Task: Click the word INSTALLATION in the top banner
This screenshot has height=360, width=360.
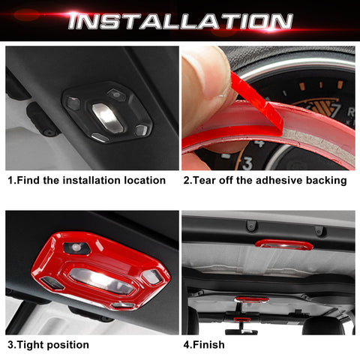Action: point(180,20)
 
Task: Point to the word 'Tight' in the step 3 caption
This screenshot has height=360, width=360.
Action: point(33,345)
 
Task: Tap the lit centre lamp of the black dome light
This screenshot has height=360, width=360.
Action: point(106,116)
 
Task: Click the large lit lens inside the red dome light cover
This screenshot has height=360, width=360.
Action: point(102,277)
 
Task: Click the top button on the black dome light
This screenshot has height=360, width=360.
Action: point(115,94)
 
